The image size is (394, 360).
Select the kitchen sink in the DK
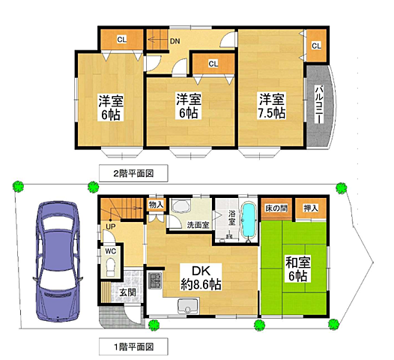coord(188,306)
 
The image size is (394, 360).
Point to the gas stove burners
coord(156,280)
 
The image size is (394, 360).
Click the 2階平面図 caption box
coord(133,173)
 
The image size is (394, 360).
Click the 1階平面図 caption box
coord(133,346)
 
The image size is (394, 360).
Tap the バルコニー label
coord(319,105)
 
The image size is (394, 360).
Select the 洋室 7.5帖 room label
coord(271,106)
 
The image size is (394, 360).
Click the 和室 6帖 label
coord(298,269)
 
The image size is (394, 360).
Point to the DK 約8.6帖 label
coord(201,277)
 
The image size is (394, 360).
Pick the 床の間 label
coord(276,208)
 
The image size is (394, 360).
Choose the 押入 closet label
coord(311,208)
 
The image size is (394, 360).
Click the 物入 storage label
coord(157,205)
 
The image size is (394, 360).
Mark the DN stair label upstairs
coord(175,41)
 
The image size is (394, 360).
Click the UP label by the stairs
coord(111,226)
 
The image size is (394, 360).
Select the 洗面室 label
coord(198,225)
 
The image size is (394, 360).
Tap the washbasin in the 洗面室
coord(181,206)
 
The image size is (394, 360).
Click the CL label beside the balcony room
coord(316,46)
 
